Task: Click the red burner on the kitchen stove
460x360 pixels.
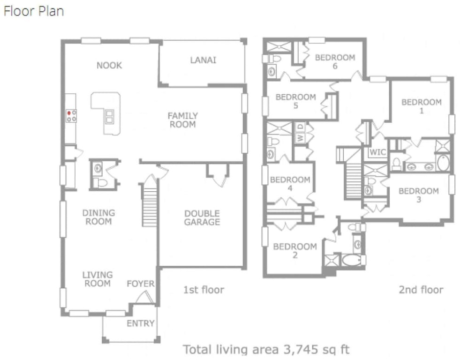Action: pos(69,113)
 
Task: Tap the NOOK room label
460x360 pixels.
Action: pos(109,65)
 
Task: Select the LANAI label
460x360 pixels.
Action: pos(203,60)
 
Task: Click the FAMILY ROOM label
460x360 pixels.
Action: pos(182,120)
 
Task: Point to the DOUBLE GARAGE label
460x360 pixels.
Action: pos(202,218)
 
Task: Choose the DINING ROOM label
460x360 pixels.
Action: pos(98,217)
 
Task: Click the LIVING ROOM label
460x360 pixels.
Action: pos(98,279)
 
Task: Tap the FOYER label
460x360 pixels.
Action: pos(141,284)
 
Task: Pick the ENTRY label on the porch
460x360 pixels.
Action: pos(141,323)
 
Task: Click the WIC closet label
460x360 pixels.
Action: pos(377,152)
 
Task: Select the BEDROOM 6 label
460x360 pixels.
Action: pos(335,61)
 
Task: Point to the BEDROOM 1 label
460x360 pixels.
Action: pos(422,106)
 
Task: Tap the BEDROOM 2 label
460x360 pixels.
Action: pos(295,251)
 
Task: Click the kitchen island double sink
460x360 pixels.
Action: pos(109,116)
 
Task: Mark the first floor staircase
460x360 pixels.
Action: pos(150,205)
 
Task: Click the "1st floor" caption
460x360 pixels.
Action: pos(204,290)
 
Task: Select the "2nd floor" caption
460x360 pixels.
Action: pos(421,290)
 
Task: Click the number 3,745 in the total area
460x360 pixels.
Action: pos(301,349)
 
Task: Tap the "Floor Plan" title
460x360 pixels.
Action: pos(33,11)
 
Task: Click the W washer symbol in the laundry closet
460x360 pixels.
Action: pos(300,137)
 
